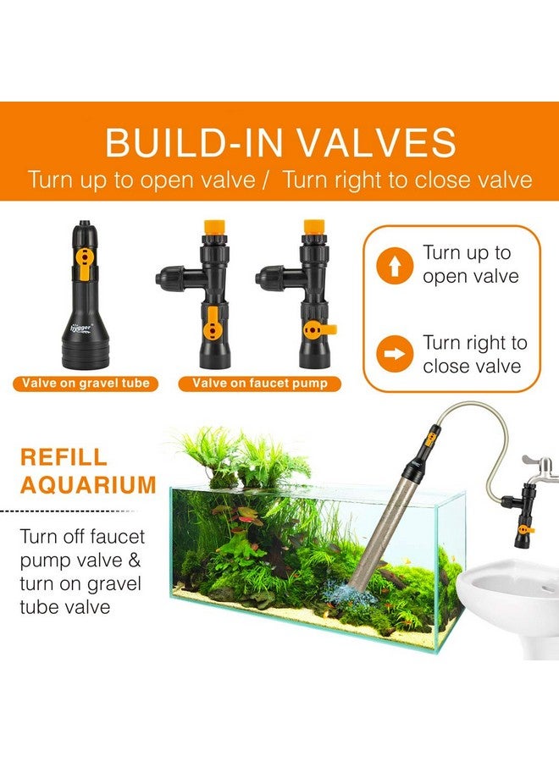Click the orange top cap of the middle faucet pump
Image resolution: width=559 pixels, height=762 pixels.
[212, 229]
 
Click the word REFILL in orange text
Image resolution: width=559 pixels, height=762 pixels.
[64, 457]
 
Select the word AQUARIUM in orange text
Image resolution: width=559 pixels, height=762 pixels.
[88, 485]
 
